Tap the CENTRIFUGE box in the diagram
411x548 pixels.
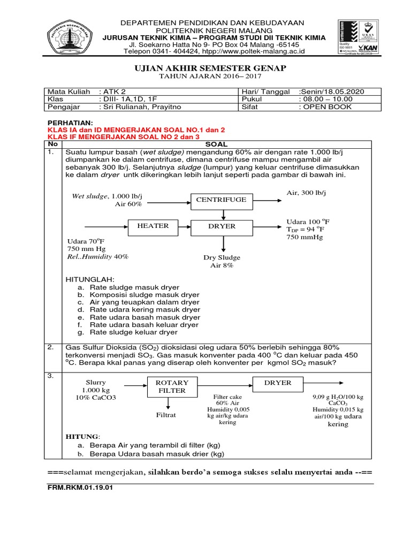tap(221, 200)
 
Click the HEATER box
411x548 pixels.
tap(153, 226)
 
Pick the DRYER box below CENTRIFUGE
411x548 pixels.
tap(222, 226)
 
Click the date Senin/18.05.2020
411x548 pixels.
tap(331, 92)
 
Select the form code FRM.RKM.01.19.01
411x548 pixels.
tap(79, 488)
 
